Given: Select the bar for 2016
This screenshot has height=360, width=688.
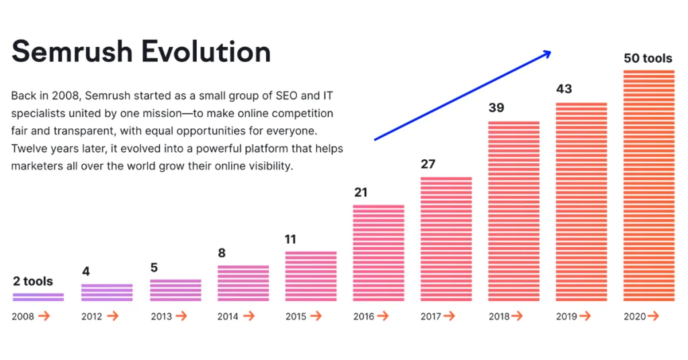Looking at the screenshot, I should pos(379,253).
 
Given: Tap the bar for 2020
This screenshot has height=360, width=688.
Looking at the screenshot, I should pos(649,185).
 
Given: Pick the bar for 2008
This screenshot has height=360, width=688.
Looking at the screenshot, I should pos(38,297).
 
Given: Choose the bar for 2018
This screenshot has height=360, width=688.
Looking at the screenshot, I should pos(514,211).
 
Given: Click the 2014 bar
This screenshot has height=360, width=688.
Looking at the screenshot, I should pos(243,283).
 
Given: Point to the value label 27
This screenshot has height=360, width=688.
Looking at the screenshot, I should pos(429,164).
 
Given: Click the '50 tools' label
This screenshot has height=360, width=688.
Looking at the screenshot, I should pos(648,58).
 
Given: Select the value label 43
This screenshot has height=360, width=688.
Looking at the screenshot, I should pos(564,89).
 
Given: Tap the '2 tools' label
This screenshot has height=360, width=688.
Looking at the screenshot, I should pos(33,281).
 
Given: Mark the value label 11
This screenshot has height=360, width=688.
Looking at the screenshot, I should pos(290,239).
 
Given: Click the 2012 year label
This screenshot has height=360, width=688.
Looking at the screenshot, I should pos(92,316).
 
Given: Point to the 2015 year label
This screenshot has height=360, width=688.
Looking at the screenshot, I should pos(296,316).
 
